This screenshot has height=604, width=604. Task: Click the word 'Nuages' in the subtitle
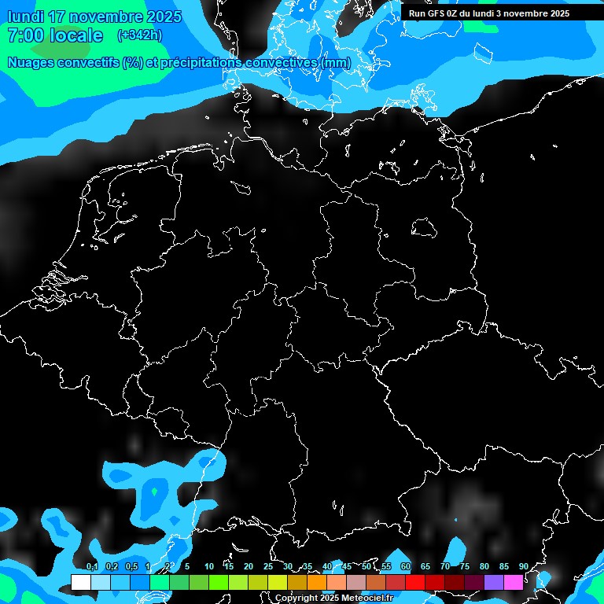click(x=32, y=63)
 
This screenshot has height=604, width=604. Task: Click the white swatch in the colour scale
click(x=81, y=582)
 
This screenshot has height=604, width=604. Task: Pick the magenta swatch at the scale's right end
click(x=514, y=582)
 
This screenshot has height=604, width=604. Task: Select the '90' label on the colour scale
click(x=523, y=567)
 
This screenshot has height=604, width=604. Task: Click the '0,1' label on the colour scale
click(x=92, y=567)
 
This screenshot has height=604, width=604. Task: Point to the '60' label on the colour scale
click(x=405, y=567)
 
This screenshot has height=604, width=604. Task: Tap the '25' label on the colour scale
click(x=267, y=567)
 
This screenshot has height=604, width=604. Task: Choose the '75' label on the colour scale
click(x=464, y=567)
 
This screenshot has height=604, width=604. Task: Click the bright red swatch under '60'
click(x=415, y=582)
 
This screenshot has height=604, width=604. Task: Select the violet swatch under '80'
click(x=494, y=582)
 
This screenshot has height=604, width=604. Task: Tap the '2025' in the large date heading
click(x=164, y=17)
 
